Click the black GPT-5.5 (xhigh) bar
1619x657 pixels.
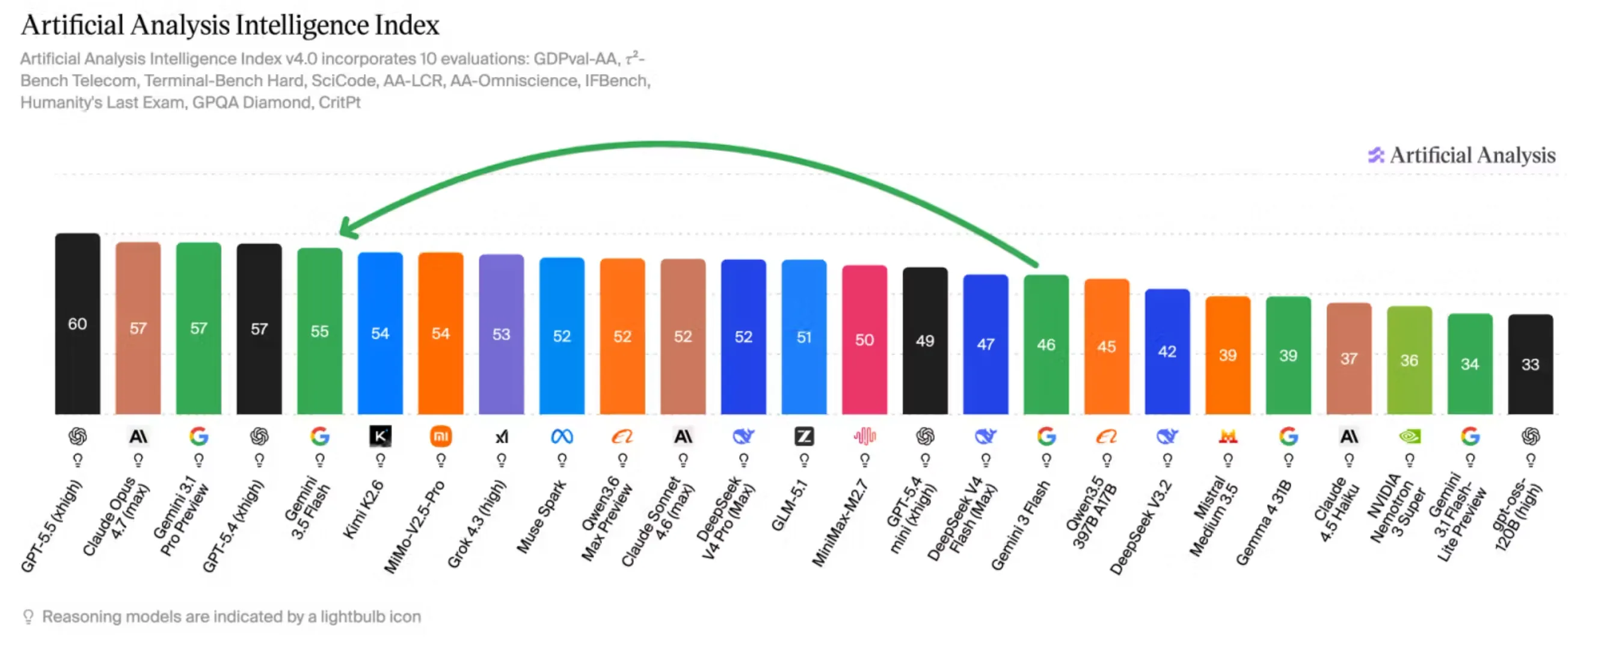[x=78, y=324]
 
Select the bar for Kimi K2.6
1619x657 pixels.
[x=380, y=333]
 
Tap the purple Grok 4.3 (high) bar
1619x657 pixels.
[x=501, y=334]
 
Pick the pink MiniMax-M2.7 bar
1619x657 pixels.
[x=864, y=339]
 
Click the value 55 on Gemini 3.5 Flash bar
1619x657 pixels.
[x=319, y=332]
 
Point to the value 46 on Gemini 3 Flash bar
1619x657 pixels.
[x=1046, y=345]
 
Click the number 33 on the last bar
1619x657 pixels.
[x=1531, y=365]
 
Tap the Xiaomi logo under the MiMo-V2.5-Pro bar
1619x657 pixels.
[x=441, y=436]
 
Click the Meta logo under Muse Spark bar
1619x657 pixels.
[x=562, y=436]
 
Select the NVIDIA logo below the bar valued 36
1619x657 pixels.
[x=1409, y=436]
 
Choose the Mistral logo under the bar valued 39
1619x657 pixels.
[x=1227, y=436]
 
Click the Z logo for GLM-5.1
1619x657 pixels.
[x=804, y=436]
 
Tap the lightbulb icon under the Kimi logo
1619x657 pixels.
[x=380, y=461]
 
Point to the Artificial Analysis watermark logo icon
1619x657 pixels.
[x=1376, y=155]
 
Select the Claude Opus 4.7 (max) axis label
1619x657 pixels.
[x=117, y=517]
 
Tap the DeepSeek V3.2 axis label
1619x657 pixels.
[x=1141, y=527]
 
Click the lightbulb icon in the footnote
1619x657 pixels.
[x=28, y=617]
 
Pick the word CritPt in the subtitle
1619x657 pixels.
[x=339, y=102]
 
